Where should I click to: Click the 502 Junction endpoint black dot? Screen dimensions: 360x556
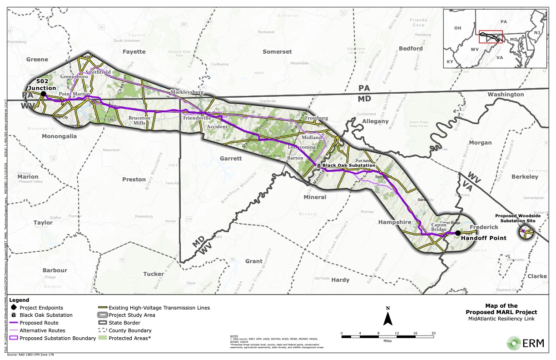point(43,94)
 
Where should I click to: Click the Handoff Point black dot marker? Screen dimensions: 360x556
point(458,233)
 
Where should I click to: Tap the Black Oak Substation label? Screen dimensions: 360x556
point(349,166)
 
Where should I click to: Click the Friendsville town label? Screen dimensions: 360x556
point(197,118)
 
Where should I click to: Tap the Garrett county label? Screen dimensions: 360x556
point(231,159)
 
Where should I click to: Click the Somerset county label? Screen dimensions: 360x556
point(277,52)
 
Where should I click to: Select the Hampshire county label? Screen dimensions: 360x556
point(395,222)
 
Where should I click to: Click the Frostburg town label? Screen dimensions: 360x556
point(316,118)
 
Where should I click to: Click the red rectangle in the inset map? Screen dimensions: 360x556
point(491,36)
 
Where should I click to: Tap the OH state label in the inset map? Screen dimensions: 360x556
point(457,28)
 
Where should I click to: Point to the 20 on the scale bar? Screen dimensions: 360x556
point(433,333)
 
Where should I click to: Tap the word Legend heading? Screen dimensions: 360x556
point(19,300)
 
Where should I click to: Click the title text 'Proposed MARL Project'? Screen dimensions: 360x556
point(501,312)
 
